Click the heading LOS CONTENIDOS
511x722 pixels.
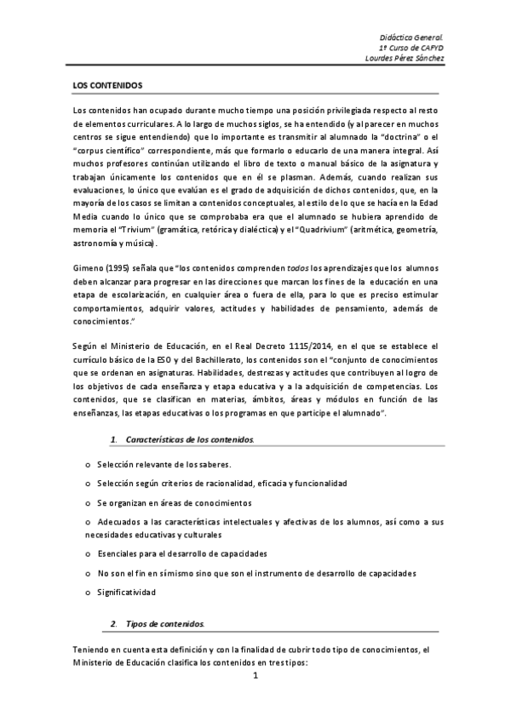click(x=107, y=87)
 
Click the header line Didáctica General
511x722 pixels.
click(x=412, y=38)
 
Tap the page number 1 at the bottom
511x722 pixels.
click(x=255, y=676)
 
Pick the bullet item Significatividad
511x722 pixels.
click(x=127, y=592)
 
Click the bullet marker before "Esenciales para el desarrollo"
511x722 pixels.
click(x=89, y=553)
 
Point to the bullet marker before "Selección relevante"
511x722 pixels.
click(x=89, y=465)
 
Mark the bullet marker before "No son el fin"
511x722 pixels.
click(x=89, y=573)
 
